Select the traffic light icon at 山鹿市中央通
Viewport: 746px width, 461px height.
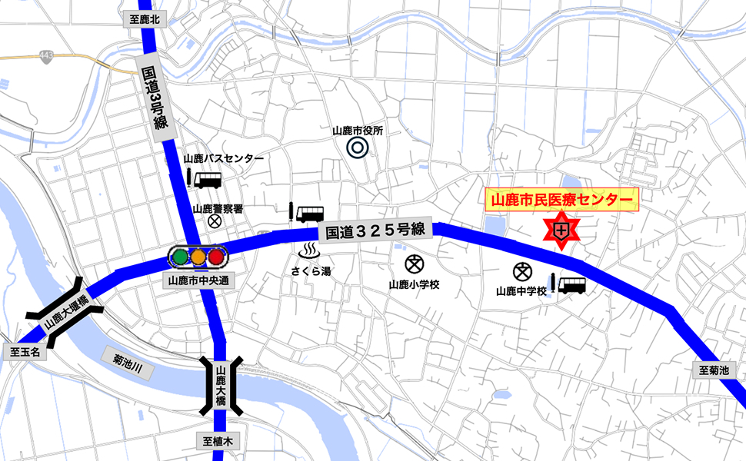[x=198, y=257]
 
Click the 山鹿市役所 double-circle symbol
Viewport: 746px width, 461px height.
[x=356, y=147]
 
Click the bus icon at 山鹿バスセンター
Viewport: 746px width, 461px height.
[x=208, y=180]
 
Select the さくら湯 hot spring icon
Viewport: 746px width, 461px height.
[x=310, y=252]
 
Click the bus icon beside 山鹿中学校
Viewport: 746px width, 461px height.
[x=571, y=285]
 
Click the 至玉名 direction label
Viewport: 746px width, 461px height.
[x=26, y=354]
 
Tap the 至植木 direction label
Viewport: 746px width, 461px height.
[x=218, y=441]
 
